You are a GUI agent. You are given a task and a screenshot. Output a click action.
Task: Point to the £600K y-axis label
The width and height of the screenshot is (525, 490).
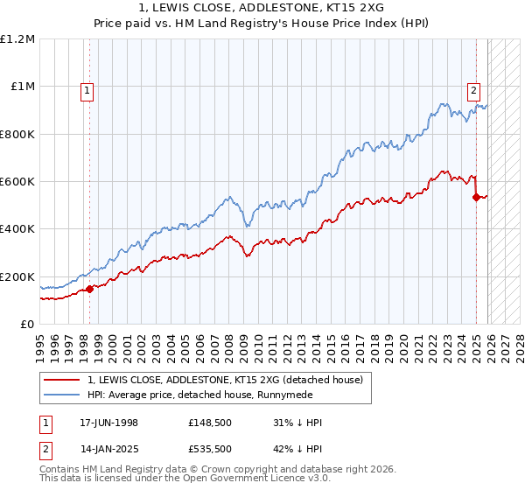[x=17, y=182]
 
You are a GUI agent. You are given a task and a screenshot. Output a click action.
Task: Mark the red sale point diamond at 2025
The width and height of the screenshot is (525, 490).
[x=476, y=197]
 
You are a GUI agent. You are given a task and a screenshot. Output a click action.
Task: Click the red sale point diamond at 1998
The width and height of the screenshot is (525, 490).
[x=89, y=290]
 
